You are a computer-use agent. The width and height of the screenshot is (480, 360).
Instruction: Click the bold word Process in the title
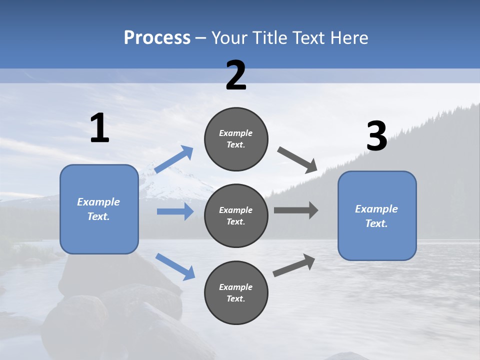click(x=157, y=38)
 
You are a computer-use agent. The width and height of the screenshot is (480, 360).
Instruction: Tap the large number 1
click(x=99, y=128)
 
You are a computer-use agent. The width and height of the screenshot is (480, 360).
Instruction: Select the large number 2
click(x=236, y=75)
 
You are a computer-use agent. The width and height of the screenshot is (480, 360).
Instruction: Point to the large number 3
click(x=376, y=136)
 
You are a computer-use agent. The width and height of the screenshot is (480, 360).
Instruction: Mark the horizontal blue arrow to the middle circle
click(x=175, y=211)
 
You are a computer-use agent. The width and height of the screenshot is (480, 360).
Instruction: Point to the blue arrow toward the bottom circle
click(x=175, y=266)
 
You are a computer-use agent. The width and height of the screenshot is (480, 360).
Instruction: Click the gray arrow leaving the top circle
click(x=297, y=159)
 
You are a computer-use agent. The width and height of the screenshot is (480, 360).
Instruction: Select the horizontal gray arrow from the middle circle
click(x=295, y=210)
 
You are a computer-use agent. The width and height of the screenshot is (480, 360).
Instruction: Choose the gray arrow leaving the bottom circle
click(x=294, y=265)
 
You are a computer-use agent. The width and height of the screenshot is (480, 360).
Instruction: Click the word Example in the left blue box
click(x=98, y=202)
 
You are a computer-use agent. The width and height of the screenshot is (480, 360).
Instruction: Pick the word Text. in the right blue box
click(x=376, y=223)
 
